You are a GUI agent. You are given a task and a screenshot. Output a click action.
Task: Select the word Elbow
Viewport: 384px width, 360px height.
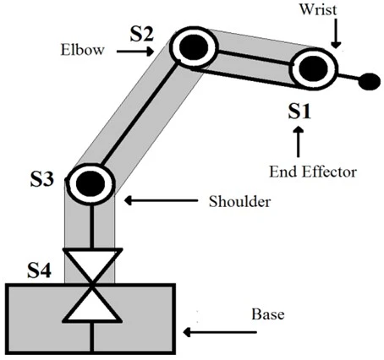(x=82, y=50)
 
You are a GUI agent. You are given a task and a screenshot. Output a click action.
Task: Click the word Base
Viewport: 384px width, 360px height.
(x=268, y=315)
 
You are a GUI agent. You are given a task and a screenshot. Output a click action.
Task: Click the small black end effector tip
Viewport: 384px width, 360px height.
(x=369, y=82)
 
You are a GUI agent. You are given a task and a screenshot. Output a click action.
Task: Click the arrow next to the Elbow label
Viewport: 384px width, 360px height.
(x=133, y=51)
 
